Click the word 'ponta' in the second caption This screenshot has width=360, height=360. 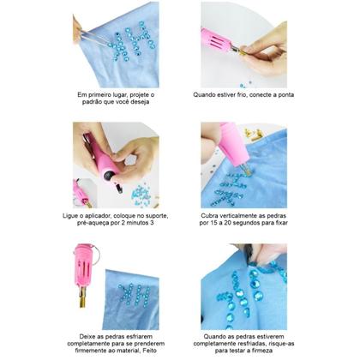click(286, 95)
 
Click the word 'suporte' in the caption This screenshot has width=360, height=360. click(157, 216)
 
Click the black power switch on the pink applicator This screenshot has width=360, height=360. click(109, 175)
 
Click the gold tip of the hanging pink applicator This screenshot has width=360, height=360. click(82, 297)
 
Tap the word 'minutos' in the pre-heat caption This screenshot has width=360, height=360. click(135, 223)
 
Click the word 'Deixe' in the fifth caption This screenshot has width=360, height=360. click(87, 337)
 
